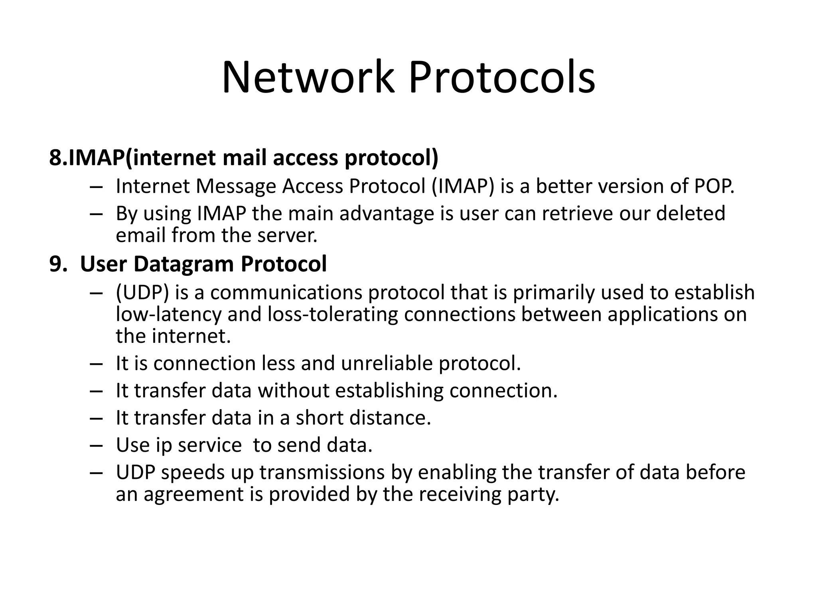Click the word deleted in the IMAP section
pos(691,213)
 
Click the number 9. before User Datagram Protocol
pos(58,264)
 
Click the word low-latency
pos(168,314)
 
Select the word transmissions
pos(322,472)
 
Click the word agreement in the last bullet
pos(193,494)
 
